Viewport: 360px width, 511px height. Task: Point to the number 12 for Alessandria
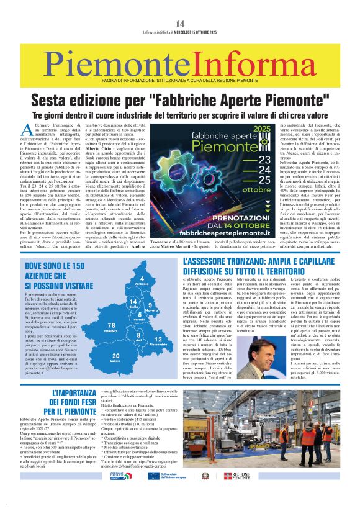[158, 340]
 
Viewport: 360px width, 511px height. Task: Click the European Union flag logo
[153, 493]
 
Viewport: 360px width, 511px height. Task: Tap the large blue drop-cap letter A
[25, 112]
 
